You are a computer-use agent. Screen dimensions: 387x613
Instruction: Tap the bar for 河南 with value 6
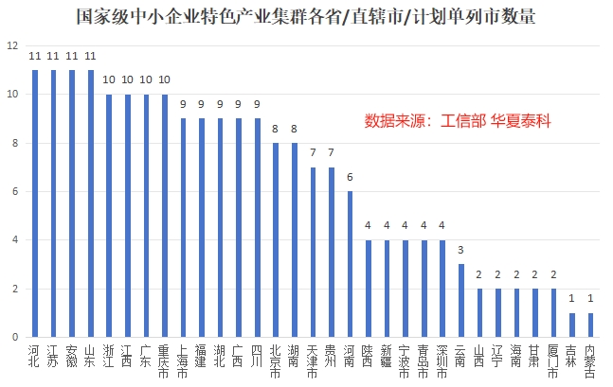350,264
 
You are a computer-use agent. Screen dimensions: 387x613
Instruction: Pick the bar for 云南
460,300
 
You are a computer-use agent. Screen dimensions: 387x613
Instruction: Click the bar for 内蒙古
590,325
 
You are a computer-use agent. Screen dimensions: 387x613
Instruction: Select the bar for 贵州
331,252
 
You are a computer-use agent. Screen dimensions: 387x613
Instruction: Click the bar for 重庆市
165,216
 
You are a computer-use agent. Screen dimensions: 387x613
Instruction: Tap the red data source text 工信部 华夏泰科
458,122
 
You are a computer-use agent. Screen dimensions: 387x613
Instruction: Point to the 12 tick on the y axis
11,46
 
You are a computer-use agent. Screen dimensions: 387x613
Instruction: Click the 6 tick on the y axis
13,192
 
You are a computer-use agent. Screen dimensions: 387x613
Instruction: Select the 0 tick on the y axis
13,337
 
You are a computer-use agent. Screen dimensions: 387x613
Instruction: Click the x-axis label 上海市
183,360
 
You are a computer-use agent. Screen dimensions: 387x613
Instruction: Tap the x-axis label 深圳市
442,360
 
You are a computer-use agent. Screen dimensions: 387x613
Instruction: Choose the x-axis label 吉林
571,355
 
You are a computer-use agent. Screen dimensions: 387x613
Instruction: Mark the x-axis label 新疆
387,355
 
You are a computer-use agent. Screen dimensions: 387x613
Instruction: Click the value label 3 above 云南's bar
460,251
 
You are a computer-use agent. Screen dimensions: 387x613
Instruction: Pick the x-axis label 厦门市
553,360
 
